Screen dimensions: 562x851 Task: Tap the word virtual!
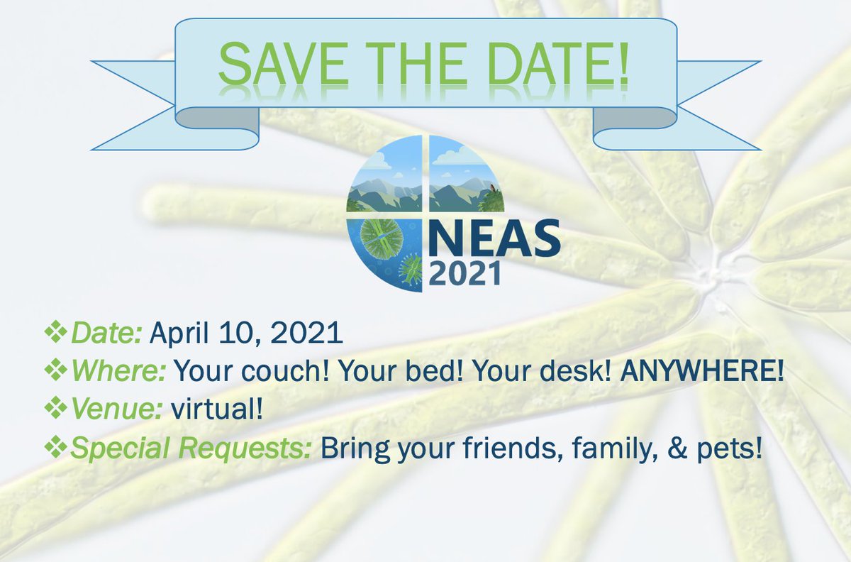[x=217, y=409]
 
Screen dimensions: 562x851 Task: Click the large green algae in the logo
[x=381, y=238]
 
